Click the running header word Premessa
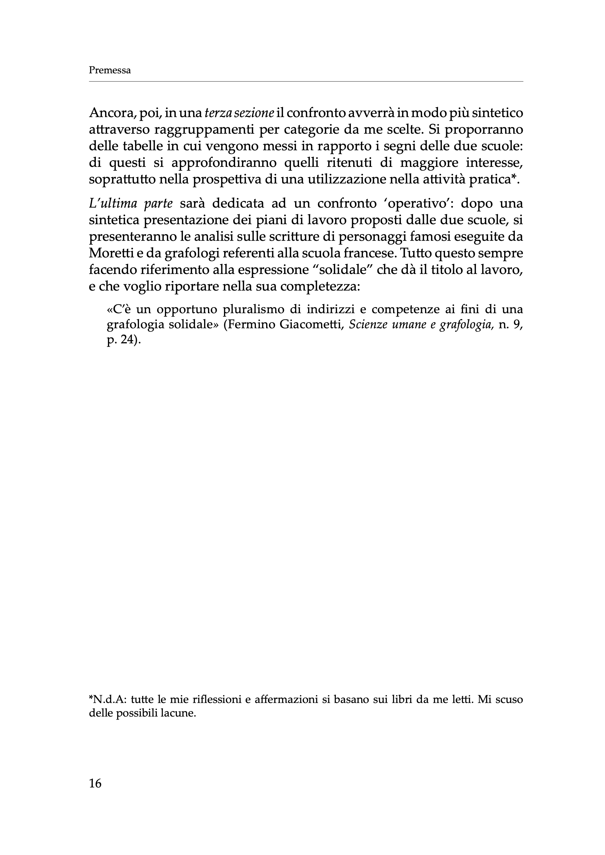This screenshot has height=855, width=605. click(x=110, y=71)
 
